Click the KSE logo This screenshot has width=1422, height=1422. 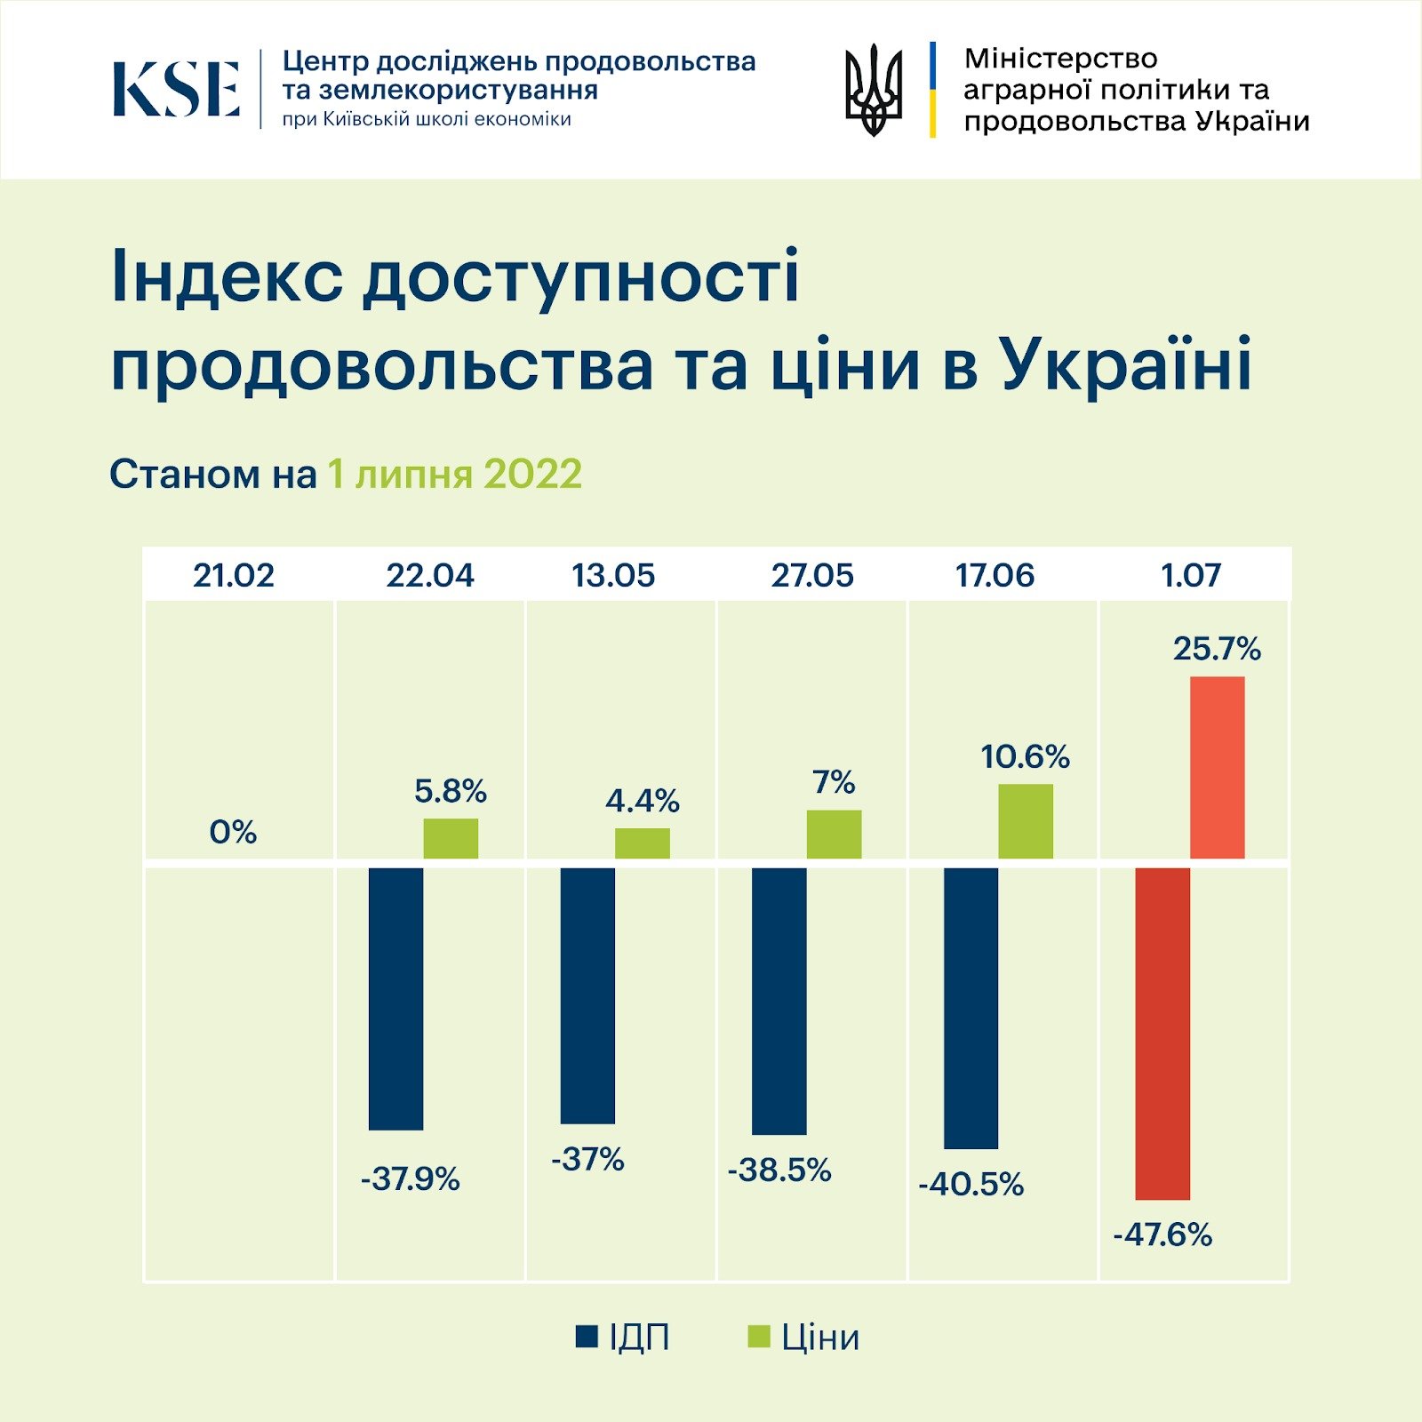point(176,89)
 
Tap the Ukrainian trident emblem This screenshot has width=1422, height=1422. point(873,90)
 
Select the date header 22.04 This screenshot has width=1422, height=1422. point(430,576)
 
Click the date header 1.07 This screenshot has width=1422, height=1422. point(1191,576)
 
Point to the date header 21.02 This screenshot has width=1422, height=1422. point(234,576)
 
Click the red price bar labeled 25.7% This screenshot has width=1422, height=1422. point(1217,767)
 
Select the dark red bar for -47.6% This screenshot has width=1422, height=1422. point(1162,1033)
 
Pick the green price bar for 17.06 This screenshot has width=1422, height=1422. point(1025,821)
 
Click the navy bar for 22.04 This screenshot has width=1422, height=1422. point(395,998)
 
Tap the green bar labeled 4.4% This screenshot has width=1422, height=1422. point(642,843)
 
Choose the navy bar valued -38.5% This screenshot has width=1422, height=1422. point(779,1001)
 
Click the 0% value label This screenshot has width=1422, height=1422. point(233,833)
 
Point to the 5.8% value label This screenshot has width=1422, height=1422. point(451,792)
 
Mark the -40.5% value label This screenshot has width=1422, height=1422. point(971,1185)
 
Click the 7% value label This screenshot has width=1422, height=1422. point(834,783)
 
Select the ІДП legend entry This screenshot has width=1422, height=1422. point(623,1338)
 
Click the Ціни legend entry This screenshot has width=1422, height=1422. point(804,1338)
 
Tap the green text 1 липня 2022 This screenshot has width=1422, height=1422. point(455,475)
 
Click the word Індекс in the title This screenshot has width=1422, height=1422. point(227,277)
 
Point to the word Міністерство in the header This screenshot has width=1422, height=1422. point(1060,59)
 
